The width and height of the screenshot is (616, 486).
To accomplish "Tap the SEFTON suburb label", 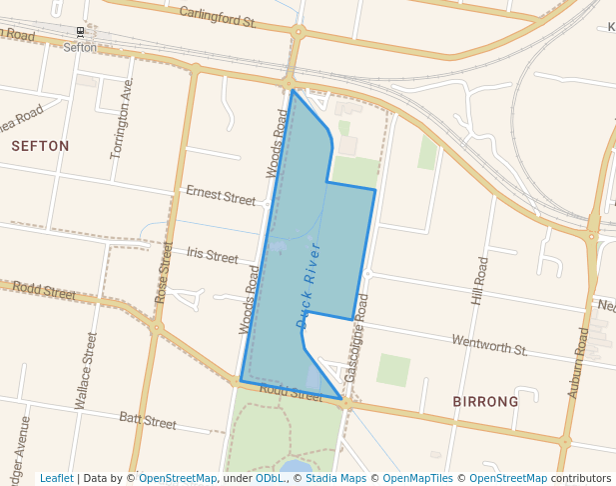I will pyautogui.click(x=41, y=146).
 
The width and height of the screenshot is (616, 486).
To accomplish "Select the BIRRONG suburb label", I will pyautogui.click(x=485, y=402).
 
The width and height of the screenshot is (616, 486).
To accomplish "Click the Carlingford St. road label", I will pyautogui.click(x=218, y=16).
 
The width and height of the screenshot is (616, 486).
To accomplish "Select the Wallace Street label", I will pyautogui.click(x=86, y=370).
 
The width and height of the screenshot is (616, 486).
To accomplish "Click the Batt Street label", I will pyautogui.click(x=147, y=420).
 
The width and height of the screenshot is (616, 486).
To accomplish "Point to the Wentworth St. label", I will pyautogui.click(x=489, y=346).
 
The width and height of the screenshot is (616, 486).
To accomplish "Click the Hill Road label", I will pyautogui.click(x=480, y=281).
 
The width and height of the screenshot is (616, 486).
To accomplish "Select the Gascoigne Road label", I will pyautogui.click(x=355, y=337).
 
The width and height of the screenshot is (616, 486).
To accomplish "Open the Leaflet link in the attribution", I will pyautogui.click(x=56, y=479).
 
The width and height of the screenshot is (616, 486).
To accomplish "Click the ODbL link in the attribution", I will pyautogui.click(x=271, y=479).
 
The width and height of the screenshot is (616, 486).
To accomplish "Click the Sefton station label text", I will pyautogui.click(x=80, y=47).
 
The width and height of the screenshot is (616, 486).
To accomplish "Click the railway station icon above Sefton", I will pyautogui.click(x=80, y=31).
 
